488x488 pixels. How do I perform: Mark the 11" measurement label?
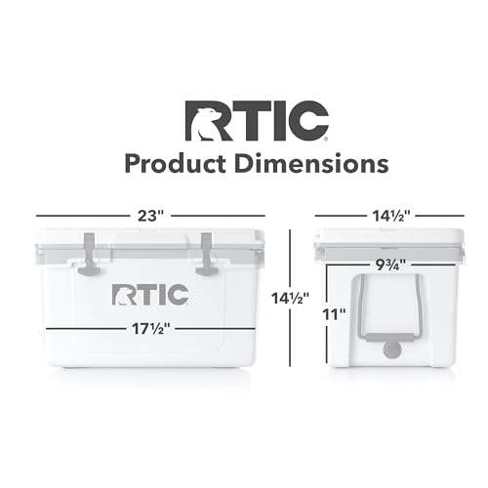tap(335, 315)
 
